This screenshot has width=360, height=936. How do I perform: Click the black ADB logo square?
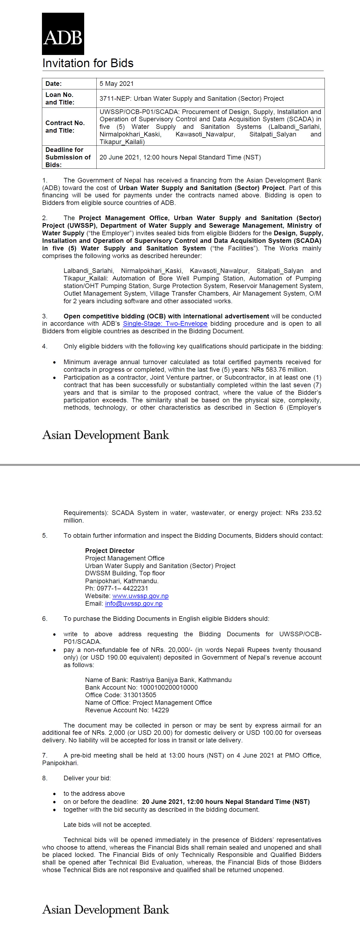63,34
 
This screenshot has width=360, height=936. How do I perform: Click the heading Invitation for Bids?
88,63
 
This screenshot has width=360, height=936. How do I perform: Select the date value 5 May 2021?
117,84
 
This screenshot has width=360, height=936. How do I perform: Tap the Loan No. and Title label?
60,99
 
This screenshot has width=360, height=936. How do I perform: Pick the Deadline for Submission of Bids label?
68,157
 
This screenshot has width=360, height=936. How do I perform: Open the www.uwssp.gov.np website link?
140,596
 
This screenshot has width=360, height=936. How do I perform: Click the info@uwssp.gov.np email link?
134,604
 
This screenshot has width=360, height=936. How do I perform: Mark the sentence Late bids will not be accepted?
107,824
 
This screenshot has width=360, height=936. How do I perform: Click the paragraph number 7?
44,755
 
